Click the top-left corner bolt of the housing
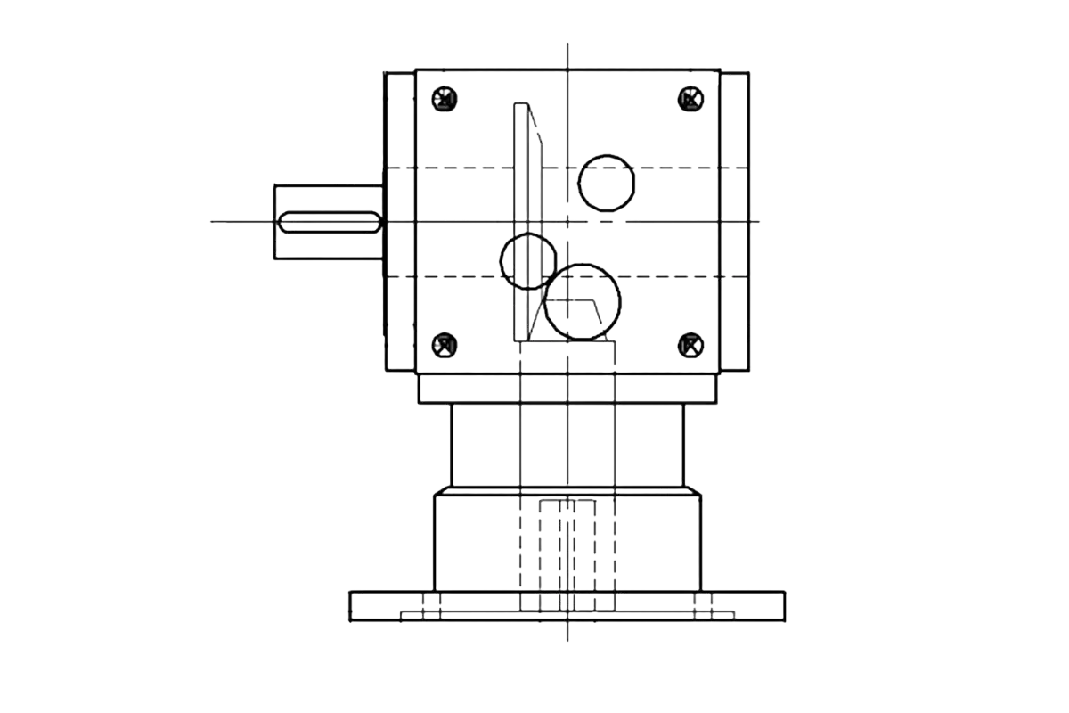point(445,99)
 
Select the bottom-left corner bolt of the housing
point(445,345)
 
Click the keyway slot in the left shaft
point(330,223)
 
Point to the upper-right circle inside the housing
point(607,182)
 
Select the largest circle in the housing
point(583,303)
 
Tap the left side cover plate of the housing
point(398,221)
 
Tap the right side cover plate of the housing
point(735,221)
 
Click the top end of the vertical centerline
point(567,40)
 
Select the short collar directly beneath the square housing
point(567,389)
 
